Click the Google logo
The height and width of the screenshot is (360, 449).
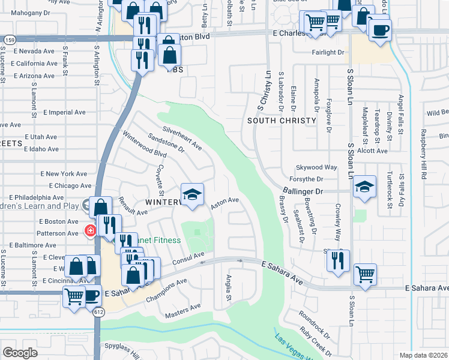20,353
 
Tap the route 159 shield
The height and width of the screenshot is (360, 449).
10,39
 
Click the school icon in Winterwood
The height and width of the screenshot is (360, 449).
192,195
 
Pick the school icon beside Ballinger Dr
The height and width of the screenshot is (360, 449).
364,187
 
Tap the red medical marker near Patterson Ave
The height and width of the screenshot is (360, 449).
90,230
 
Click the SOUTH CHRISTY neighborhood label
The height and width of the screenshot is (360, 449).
282,121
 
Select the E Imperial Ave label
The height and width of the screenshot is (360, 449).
64,112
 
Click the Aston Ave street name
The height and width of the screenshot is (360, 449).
225,204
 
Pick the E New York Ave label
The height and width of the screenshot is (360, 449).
64,173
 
